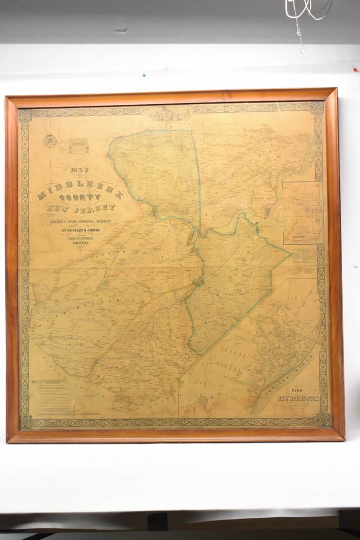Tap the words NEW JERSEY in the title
click(x=80, y=208)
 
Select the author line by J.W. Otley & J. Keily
click(x=80, y=228)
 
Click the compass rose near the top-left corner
click(x=50, y=141)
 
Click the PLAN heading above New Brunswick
click(x=297, y=390)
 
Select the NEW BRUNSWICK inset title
click(x=298, y=399)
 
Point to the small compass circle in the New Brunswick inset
click(x=203, y=401)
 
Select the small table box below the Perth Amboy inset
click(x=304, y=255)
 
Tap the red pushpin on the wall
click(x=355, y=69)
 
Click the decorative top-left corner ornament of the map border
click(x=25, y=115)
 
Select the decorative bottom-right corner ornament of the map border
click(x=323, y=420)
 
